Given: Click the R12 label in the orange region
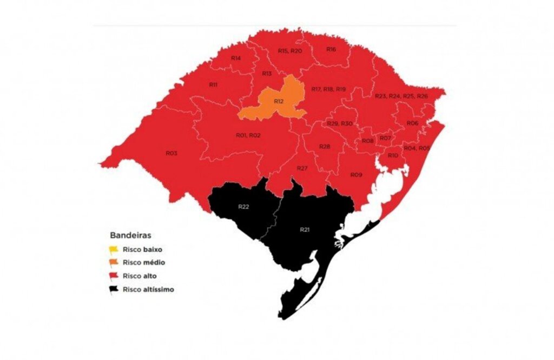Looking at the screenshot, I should click(279, 102).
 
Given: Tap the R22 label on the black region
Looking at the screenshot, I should click(243, 206).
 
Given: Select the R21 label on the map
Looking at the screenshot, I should click(305, 230).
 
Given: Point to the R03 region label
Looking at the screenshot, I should click(172, 153).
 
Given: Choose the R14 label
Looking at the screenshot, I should click(236, 58).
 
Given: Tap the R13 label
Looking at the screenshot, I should click(267, 74).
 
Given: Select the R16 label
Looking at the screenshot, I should click(331, 49).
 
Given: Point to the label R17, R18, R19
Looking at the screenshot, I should click(328, 89).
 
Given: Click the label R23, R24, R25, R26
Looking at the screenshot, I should click(401, 96).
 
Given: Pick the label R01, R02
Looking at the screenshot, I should click(248, 135).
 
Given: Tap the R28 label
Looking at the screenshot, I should click(325, 147).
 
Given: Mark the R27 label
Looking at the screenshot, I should click(302, 168).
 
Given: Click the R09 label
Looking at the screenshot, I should click(356, 174).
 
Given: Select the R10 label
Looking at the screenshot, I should click(393, 155).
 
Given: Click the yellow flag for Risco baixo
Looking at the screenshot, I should click(114, 250).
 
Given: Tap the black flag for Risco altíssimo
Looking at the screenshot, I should click(114, 289).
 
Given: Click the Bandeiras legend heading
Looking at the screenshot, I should click(130, 235).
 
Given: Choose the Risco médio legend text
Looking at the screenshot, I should click(143, 263).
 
